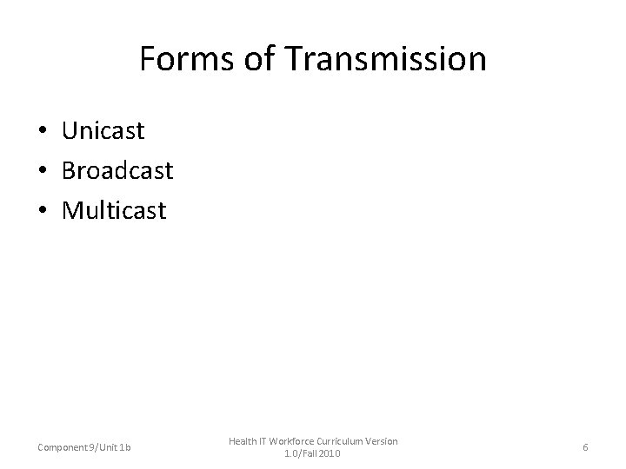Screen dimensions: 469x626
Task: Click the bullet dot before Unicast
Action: pos(43,132)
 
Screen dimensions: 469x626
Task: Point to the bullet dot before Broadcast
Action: pos(43,171)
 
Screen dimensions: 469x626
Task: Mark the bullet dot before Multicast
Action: pos(43,211)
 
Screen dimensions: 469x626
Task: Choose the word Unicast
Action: pos(103,131)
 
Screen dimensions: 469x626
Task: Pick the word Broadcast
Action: pos(117,170)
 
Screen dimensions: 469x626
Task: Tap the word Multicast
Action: pos(114,210)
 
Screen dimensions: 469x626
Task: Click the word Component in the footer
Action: pos(62,447)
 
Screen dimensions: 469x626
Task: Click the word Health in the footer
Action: pos(243,441)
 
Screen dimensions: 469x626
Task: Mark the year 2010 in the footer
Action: pos(330,453)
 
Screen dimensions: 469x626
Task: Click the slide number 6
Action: pos(585,447)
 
